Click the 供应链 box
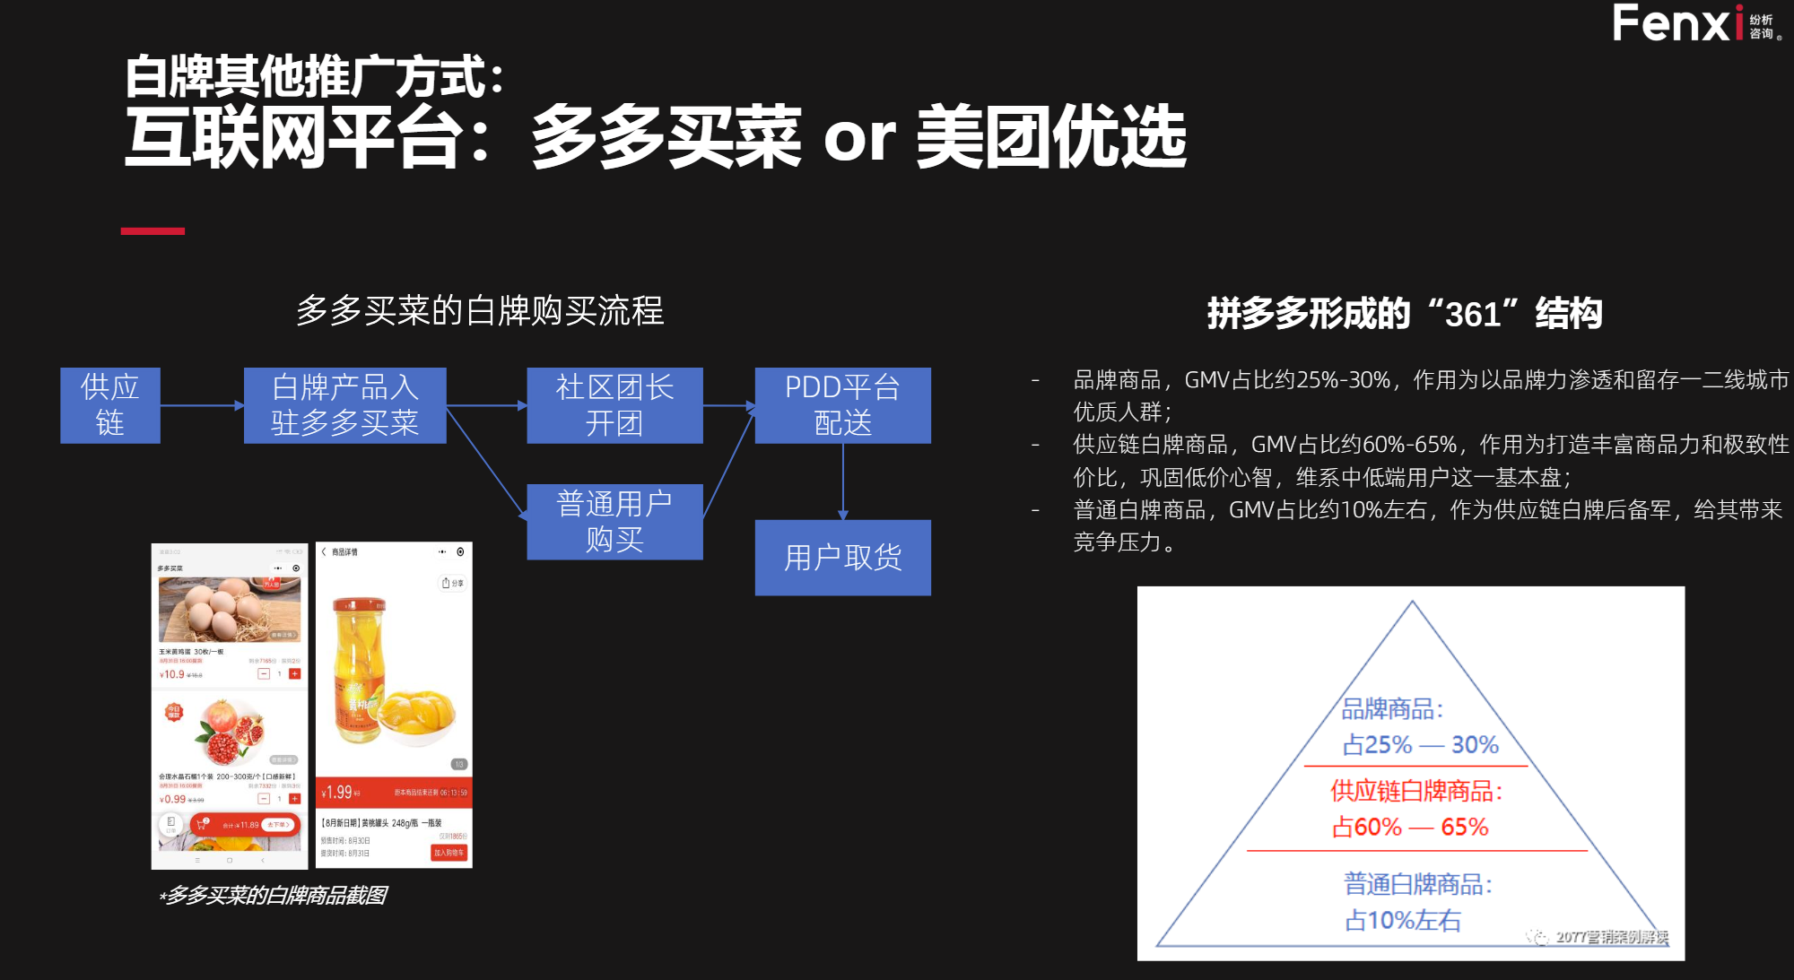pyautogui.click(x=110, y=405)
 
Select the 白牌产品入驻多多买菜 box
pyautogui.click(x=344, y=405)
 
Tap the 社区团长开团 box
pyautogui.click(x=614, y=405)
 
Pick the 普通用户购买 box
pyautogui.click(x=614, y=522)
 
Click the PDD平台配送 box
pyautogui.click(x=842, y=405)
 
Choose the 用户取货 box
pyautogui.click(x=842, y=558)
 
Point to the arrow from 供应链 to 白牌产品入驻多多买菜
pyautogui.click(x=202, y=405)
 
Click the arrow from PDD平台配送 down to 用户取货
pyautogui.click(x=842, y=481)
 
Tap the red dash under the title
pyautogui.click(x=152, y=231)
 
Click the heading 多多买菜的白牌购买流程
pyautogui.click(x=480, y=311)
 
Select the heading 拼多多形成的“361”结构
pyautogui.click(x=1404, y=314)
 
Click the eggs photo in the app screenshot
pyautogui.click(x=230, y=609)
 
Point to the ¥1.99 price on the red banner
pyautogui.click(x=340, y=793)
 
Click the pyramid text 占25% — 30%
pyautogui.click(x=1420, y=745)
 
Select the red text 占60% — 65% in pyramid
pyautogui.click(x=1410, y=827)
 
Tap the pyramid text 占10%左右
pyautogui.click(x=1403, y=921)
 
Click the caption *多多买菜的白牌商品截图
pyautogui.click(x=273, y=895)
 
